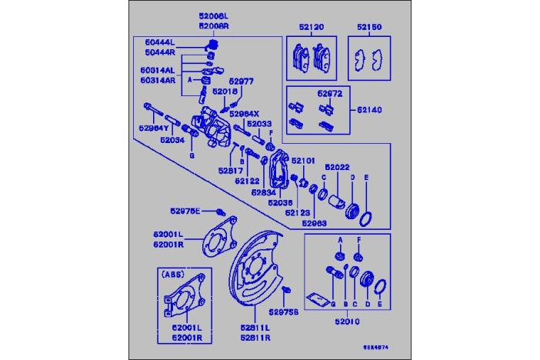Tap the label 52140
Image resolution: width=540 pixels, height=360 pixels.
tap(368, 110)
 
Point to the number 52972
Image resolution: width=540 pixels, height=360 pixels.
tap(329, 94)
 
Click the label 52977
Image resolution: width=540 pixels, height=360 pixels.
tap(241, 79)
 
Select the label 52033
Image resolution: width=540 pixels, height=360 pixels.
tap(260, 123)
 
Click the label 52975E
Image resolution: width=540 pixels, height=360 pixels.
tap(185, 211)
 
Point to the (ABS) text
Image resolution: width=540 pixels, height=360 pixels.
tap(171, 272)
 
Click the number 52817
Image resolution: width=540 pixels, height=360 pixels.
tap(230, 171)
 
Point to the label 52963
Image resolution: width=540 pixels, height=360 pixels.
tap(315, 224)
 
